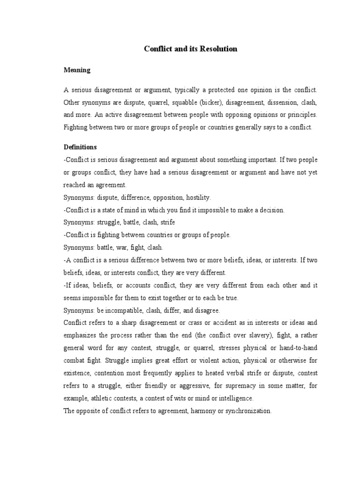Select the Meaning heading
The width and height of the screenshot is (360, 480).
pos(77,70)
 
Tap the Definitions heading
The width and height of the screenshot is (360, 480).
pos(80,147)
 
